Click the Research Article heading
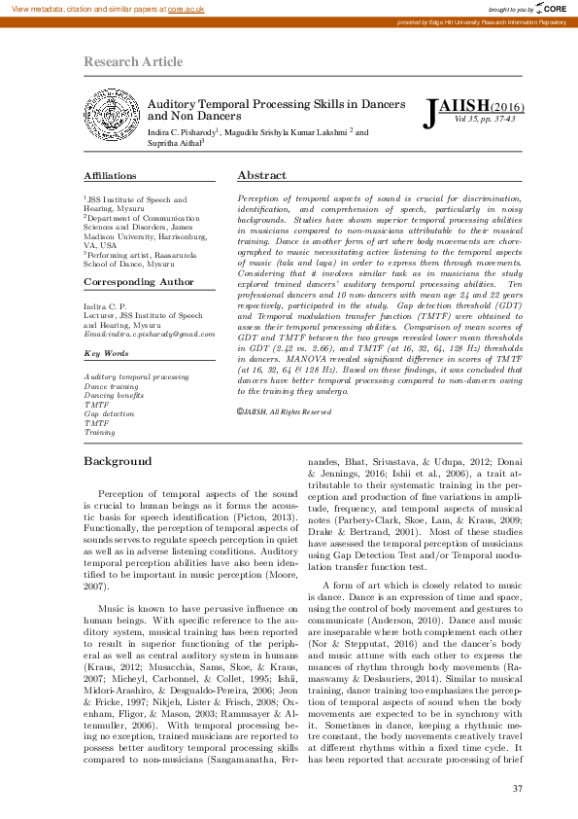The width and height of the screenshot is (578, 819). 133,62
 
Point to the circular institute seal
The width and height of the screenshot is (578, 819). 113,118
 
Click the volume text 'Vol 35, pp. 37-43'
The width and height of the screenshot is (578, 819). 484,120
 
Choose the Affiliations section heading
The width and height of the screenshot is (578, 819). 110,176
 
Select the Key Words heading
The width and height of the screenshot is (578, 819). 106,353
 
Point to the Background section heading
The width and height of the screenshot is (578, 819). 118,461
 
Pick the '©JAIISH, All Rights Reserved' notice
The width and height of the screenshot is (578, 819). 284,440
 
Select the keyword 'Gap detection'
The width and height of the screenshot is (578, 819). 109,413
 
